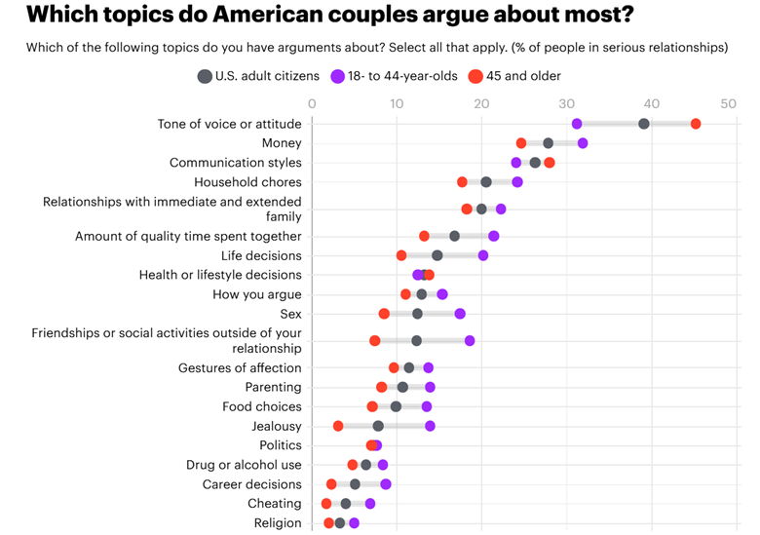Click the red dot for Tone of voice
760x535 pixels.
click(696, 124)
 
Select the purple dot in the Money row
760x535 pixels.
click(583, 143)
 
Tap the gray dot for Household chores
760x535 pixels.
click(486, 182)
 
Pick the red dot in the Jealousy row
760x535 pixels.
click(338, 426)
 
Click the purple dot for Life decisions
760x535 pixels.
click(483, 255)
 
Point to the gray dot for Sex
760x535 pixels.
click(417, 314)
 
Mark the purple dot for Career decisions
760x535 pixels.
click(386, 484)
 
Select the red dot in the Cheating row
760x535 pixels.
click(326, 504)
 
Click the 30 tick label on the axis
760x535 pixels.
click(566, 103)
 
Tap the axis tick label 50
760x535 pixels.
click(728, 103)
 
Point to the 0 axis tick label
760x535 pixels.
click(312, 103)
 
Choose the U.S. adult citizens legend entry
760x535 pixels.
click(259, 76)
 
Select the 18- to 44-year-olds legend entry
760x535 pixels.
click(394, 76)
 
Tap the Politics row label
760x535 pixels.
click(281, 445)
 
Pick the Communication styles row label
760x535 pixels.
click(236, 163)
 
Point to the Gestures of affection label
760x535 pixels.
click(240, 367)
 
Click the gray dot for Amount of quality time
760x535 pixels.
click(454, 236)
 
